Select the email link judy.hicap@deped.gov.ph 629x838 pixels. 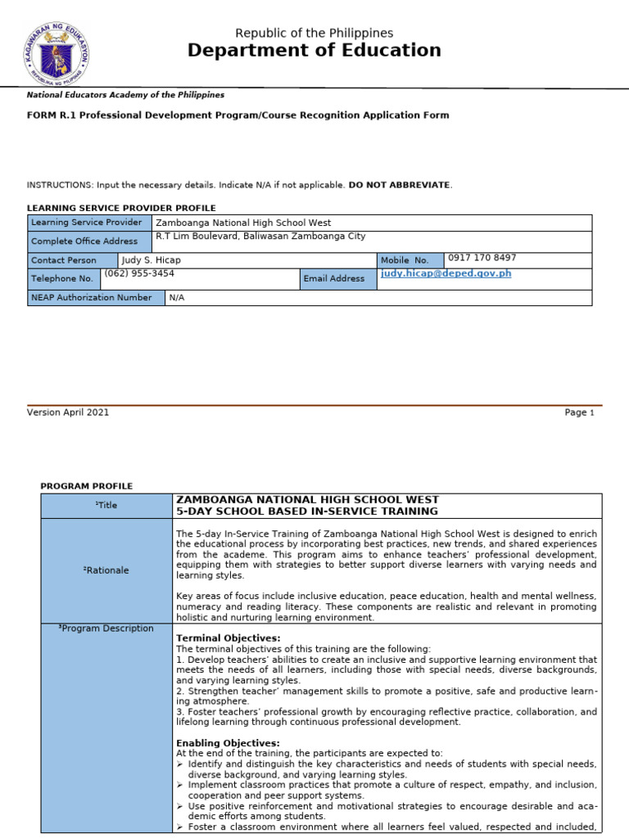(446, 273)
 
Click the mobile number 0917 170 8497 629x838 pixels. (482, 258)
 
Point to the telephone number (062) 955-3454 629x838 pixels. (139, 274)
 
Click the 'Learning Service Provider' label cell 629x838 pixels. (87, 223)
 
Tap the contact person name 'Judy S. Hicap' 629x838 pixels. (151, 260)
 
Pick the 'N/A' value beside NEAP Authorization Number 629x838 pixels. (177, 298)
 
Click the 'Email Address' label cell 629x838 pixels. (334, 279)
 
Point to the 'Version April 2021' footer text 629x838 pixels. (68, 412)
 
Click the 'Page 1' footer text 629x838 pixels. (579, 412)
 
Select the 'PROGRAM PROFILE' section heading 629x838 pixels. (86, 486)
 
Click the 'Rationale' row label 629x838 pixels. (107, 570)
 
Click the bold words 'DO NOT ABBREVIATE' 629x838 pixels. (399, 185)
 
